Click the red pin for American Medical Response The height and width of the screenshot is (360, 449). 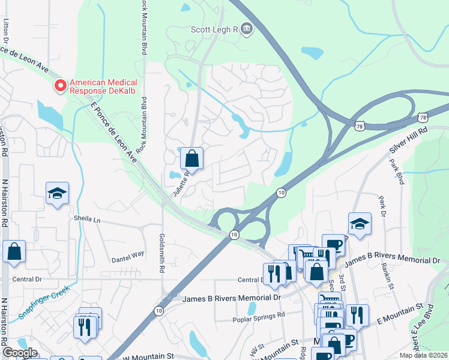click(x=61, y=86)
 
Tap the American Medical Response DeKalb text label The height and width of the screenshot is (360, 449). click(x=103, y=86)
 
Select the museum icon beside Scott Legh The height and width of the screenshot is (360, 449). click(x=246, y=29)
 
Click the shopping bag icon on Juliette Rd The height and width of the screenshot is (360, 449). click(x=191, y=159)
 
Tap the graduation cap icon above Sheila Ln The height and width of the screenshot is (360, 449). click(x=57, y=194)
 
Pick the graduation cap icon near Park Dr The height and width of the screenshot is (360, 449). click(x=360, y=224)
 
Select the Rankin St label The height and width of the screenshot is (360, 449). click(x=388, y=278)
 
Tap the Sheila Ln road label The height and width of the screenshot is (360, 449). click(x=88, y=220)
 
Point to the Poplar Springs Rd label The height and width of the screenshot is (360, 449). click(x=259, y=316)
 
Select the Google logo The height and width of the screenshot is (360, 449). click(x=20, y=353)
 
